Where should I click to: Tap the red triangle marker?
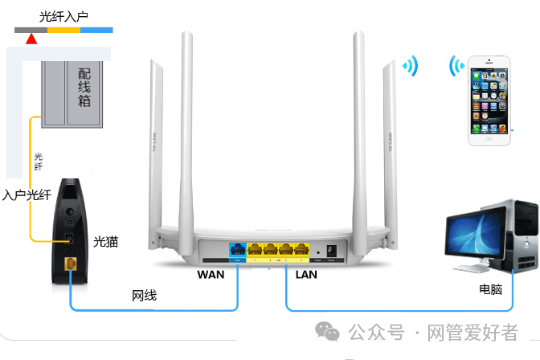click(x=31, y=39)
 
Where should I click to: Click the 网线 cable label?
click(x=145, y=297)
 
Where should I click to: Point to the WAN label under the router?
click(x=211, y=274)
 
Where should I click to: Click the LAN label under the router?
click(x=306, y=274)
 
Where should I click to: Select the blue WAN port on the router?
click(x=239, y=250)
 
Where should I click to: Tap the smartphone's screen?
click(x=489, y=101)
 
